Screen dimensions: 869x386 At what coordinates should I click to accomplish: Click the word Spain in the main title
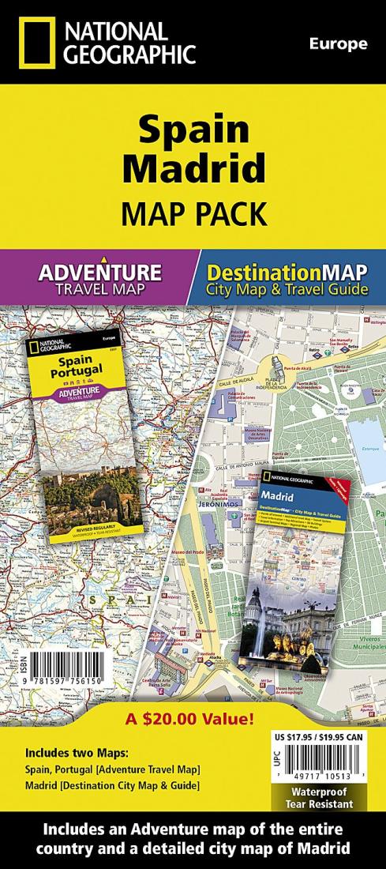(192, 130)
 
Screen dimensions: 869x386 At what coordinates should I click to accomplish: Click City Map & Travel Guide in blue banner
(287, 289)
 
